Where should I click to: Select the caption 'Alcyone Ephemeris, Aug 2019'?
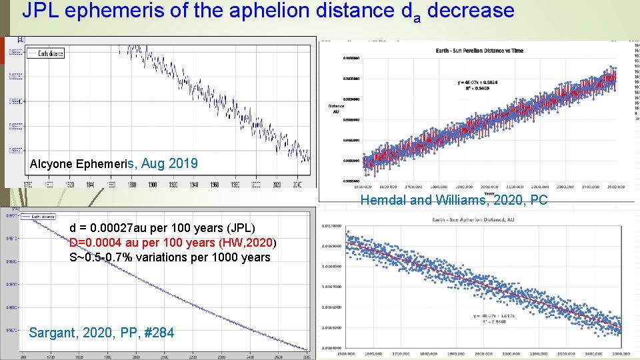(x=113, y=163)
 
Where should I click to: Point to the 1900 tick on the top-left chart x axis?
(x=152, y=184)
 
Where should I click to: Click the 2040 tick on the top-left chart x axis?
(x=297, y=184)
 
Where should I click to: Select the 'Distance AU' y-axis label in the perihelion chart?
(x=336, y=109)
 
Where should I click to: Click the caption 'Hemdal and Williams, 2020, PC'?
(x=453, y=199)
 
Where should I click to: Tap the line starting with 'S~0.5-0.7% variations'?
(x=170, y=257)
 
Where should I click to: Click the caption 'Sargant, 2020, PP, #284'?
(x=101, y=332)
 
